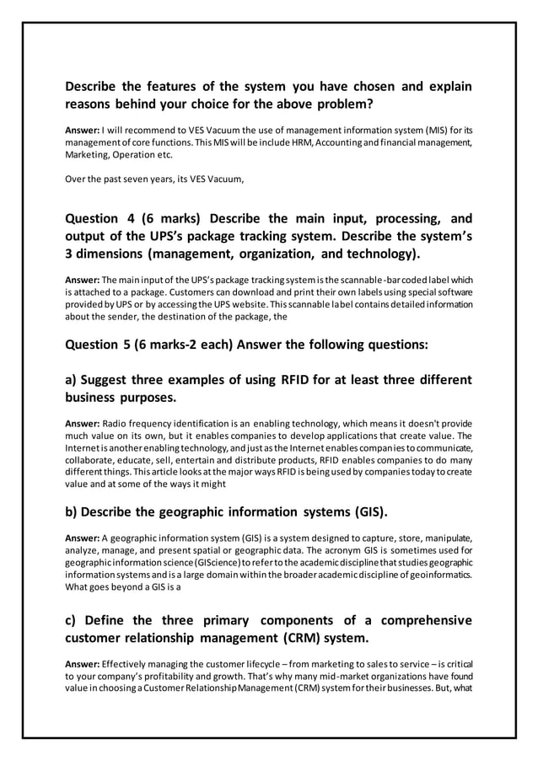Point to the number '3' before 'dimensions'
69,254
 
